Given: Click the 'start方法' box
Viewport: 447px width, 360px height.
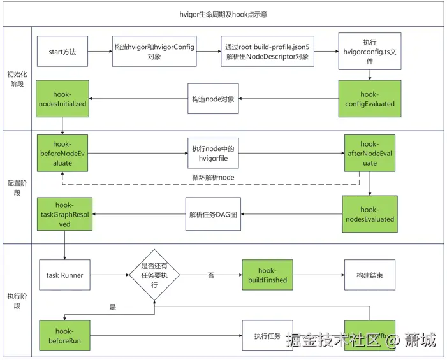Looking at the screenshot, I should click(x=62, y=52).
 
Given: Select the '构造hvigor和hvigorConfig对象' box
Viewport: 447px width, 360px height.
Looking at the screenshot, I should click(x=154, y=52).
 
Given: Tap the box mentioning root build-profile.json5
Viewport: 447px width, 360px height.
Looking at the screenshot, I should click(x=267, y=52).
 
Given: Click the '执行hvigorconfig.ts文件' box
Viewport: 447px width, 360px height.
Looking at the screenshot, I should click(x=369, y=51).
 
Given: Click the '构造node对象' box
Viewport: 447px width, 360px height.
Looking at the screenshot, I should click(x=213, y=99).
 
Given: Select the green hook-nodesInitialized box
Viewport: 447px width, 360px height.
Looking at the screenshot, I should click(x=62, y=99).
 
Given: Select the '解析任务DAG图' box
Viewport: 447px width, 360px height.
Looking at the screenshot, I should click(x=213, y=214).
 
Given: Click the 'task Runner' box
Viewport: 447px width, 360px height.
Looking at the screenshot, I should click(x=64, y=275).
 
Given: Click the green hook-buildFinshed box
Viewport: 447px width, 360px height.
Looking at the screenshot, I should click(x=267, y=275).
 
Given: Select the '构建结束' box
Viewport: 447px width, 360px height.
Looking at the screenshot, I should click(x=369, y=275).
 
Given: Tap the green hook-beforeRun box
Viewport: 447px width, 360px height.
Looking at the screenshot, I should click(x=64, y=335).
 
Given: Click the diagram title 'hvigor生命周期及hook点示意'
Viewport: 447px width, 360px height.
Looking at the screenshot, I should click(x=223, y=13).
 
